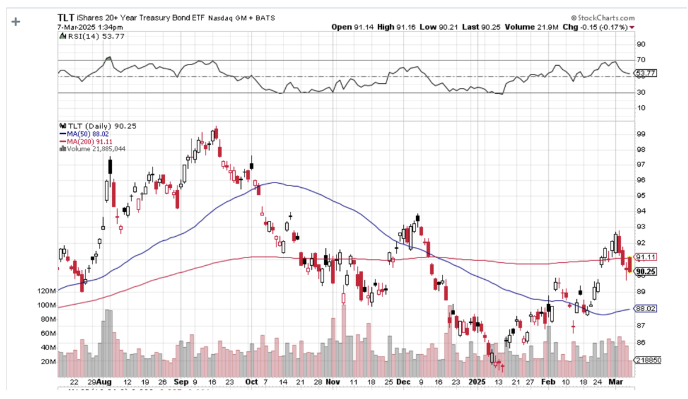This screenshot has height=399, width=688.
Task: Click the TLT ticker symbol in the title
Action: click(x=66, y=17)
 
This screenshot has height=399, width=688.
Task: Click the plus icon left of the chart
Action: click(x=16, y=22)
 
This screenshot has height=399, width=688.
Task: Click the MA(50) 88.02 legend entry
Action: click(x=87, y=133)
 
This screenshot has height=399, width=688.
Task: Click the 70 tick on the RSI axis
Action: click(x=641, y=60)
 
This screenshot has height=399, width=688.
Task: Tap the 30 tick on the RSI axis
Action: click(x=641, y=92)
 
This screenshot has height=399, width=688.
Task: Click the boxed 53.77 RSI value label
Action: click(x=646, y=73)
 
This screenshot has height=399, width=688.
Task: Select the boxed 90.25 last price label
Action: click(x=646, y=272)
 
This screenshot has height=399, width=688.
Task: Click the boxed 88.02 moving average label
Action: click(x=646, y=309)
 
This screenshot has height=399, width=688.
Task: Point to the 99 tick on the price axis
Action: click(x=640, y=134)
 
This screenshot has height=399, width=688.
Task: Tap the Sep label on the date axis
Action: click(x=181, y=382)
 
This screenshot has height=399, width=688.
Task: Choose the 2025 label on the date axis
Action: click(x=477, y=382)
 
